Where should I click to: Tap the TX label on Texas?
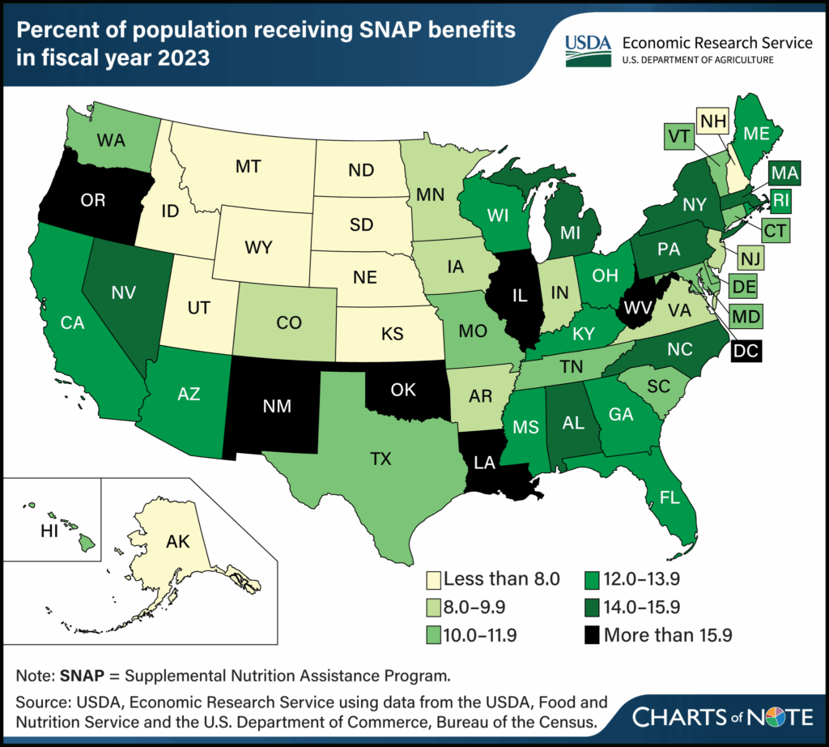click(380, 459)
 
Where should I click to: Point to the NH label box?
click(713, 122)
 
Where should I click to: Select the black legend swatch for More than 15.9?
click(593, 635)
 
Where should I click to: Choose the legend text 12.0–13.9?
click(648, 581)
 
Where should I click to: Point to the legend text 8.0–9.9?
click(481, 608)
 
